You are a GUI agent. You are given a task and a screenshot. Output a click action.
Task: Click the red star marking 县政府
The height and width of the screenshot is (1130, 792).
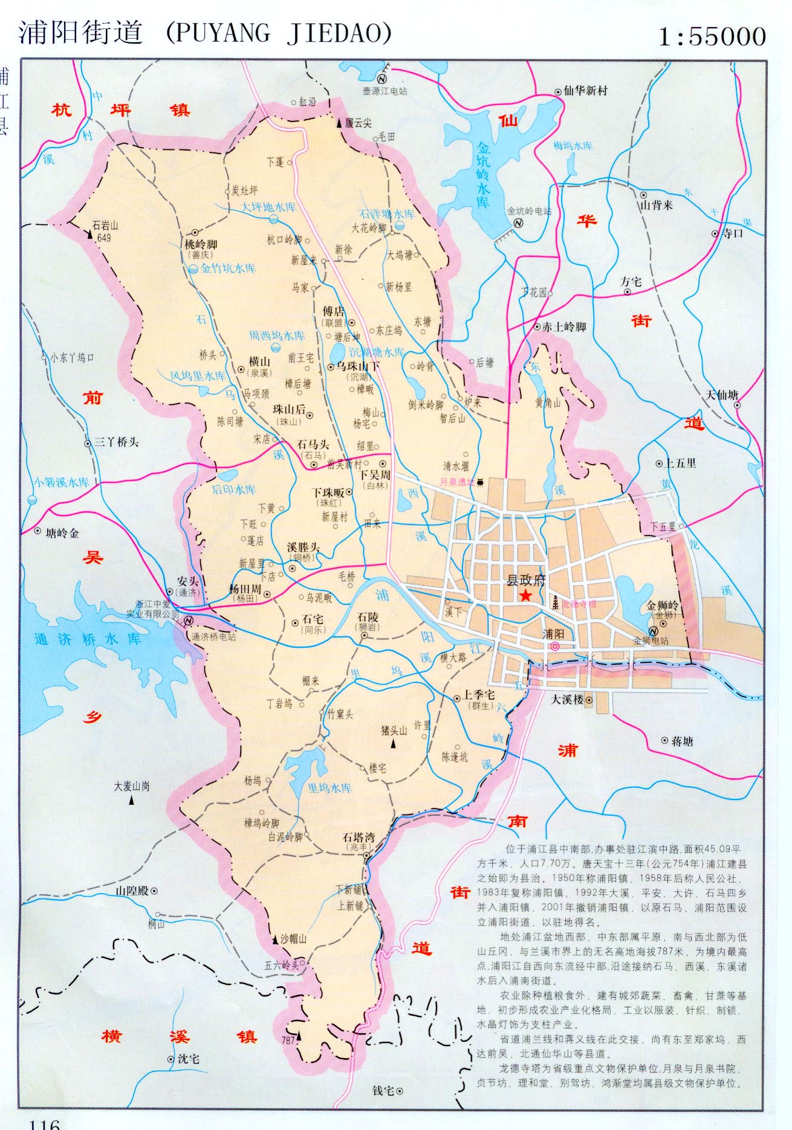point(525,596)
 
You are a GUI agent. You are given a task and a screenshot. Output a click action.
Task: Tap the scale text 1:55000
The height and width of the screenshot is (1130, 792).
point(712,37)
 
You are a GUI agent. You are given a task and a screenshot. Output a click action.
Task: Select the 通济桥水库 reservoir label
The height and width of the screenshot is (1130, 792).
point(88,639)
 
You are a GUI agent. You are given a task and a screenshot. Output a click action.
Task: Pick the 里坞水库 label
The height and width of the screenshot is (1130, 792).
point(329,788)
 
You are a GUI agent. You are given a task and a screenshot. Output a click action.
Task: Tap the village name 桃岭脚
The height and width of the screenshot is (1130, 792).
point(201,245)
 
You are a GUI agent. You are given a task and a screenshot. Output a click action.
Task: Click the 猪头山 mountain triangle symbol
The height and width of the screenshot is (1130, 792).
point(394,744)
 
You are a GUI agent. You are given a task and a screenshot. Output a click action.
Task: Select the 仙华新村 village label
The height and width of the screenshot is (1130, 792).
point(585,91)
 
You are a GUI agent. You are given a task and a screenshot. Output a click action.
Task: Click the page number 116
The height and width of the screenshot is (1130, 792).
point(45,1123)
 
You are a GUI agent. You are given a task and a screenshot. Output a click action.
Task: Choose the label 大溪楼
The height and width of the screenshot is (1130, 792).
point(567,700)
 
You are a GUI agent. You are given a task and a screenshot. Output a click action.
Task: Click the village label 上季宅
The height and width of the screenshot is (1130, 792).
point(479,696)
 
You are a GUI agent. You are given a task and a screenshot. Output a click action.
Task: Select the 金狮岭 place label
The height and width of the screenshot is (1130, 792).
point(663,605)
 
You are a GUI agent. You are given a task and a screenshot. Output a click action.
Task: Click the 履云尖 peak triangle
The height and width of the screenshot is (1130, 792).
point(339,123)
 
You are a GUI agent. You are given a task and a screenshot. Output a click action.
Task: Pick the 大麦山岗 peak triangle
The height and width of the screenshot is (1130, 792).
point(131,801)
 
